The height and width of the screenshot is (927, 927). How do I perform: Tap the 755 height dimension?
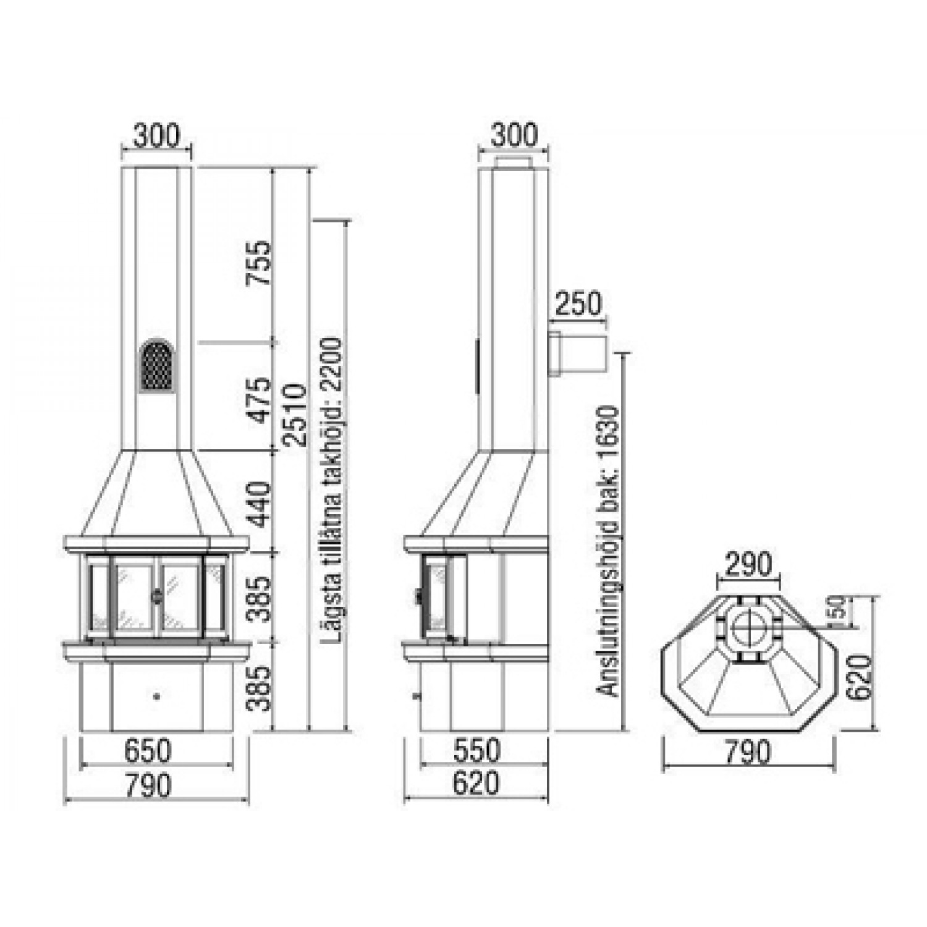coord(259,263)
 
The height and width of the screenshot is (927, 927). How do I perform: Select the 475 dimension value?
coord(259,400)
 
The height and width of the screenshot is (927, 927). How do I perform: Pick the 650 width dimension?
coord(148,751)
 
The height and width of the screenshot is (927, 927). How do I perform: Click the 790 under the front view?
coord(148,785)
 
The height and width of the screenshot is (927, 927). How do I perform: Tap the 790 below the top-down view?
coord(748,752)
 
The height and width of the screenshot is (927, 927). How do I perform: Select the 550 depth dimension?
coord(476,750)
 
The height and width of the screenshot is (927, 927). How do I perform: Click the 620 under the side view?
coord(476,784)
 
